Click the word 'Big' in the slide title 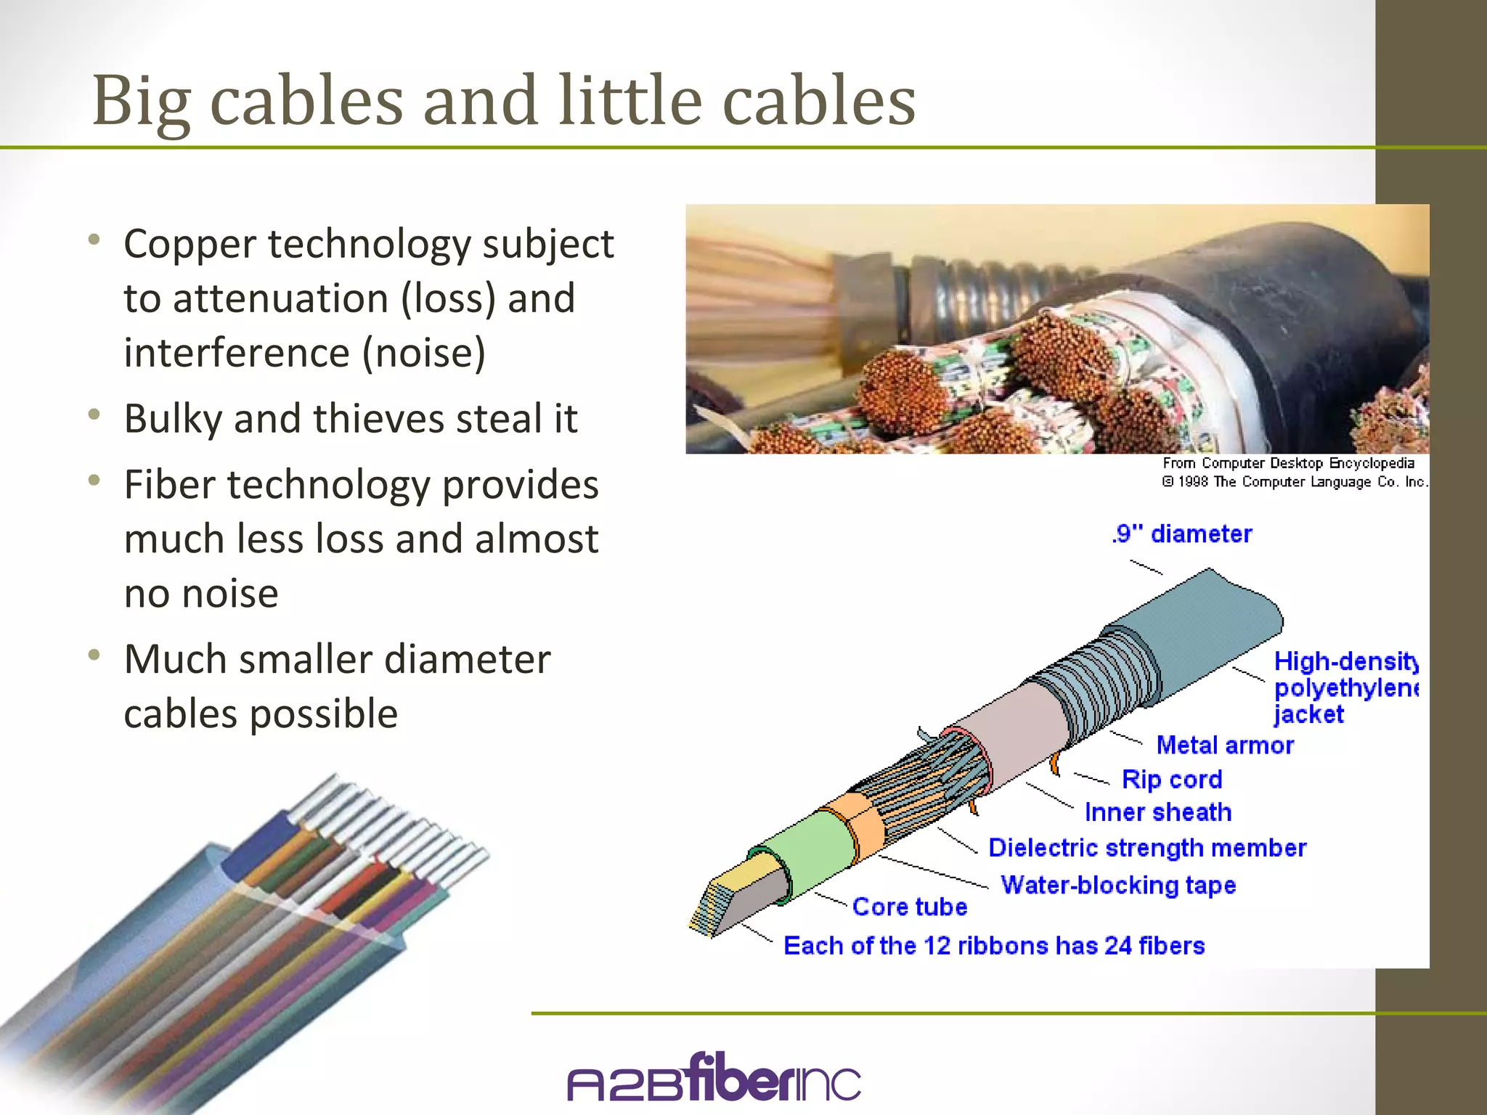click(x=141, y=102)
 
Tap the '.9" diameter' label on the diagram click(x=1181, y=534)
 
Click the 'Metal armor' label click(x=1225, y=746)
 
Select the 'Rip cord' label click(x=1172, y=780)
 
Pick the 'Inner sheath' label click(x=1158, y=812)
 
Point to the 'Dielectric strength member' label click(x=1147, y=848)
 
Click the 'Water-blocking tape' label click(x=1118, y=885)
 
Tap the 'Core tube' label click(x=909, y=907)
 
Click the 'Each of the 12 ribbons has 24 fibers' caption click(x=994, y=946)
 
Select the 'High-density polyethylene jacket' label click(x=1345, y=687)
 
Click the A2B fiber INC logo click(x=714, y=1078)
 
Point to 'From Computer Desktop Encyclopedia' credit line click(x=1288, y=463)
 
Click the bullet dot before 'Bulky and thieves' click(x=94, y=415)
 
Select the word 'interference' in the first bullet click(x=237, y=354)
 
